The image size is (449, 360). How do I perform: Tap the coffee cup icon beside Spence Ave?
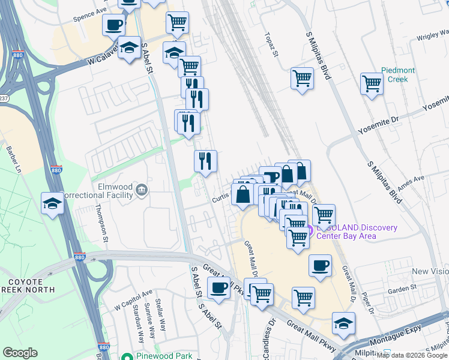(x=113, y=25)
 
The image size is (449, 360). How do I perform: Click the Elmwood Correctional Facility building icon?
(x=141, y=190)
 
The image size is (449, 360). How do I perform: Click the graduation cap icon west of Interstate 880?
(x=52, y=203)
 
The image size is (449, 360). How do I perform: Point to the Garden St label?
(x=402, y=289)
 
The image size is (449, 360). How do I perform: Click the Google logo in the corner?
(x=20, y=352)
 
